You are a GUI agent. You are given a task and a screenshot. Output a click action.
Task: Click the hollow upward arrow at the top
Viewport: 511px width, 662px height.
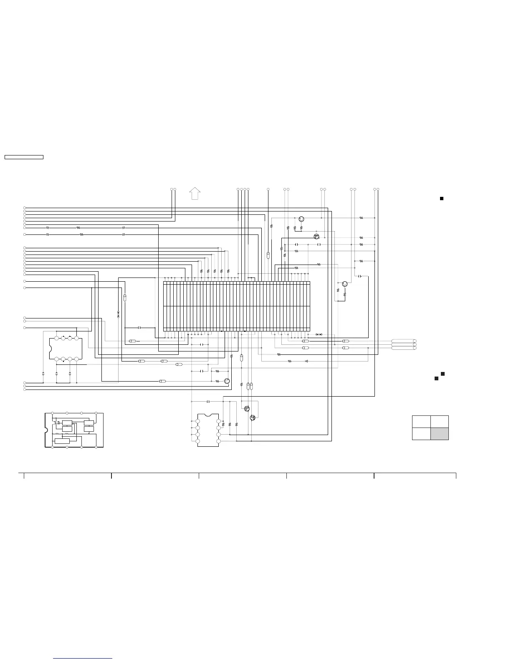pos(195,194)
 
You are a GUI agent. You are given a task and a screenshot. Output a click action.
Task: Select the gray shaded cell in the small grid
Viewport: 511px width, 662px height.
pos(440,433)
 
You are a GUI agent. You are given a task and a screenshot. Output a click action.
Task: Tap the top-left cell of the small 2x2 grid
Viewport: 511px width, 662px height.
pos(421,421)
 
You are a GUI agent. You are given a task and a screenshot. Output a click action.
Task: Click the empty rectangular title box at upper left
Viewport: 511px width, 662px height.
pos(24,157)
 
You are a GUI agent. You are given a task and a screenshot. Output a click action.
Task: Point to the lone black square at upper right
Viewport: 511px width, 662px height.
pos(441,198)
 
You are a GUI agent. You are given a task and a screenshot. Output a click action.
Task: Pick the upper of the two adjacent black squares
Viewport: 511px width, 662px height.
pos(443,373)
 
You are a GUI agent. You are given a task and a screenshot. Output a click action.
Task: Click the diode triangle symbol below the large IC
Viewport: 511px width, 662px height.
pos(306,361)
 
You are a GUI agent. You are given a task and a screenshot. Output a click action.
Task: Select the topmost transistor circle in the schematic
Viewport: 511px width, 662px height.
pos(301,219)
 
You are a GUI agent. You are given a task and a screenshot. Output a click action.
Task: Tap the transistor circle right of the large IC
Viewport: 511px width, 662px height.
pos(344,284)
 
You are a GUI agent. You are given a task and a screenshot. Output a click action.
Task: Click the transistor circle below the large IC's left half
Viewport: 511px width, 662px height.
pos(227,381)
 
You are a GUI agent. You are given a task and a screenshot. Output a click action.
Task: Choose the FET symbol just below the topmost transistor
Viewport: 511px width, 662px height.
pos(316,237)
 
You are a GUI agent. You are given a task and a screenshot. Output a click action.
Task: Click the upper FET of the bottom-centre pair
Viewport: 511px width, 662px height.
pos(247,409)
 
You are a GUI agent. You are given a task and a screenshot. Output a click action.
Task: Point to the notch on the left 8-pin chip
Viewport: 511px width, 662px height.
pos(51,348)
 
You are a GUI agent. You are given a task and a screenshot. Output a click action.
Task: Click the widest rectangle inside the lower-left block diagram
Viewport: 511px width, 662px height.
pos(62,441)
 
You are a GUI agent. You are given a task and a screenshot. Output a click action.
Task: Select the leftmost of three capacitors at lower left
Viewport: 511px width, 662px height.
pos(43,373)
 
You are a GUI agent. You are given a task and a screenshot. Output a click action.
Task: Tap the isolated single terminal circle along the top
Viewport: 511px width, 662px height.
pos(268,190)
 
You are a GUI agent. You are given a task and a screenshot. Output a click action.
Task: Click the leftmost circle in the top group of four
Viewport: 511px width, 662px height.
pos(238,190)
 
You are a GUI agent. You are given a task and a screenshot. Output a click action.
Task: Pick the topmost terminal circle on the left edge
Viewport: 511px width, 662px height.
pos(25,208)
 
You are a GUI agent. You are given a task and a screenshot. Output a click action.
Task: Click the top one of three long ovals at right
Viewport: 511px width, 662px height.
pos(403,341)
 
